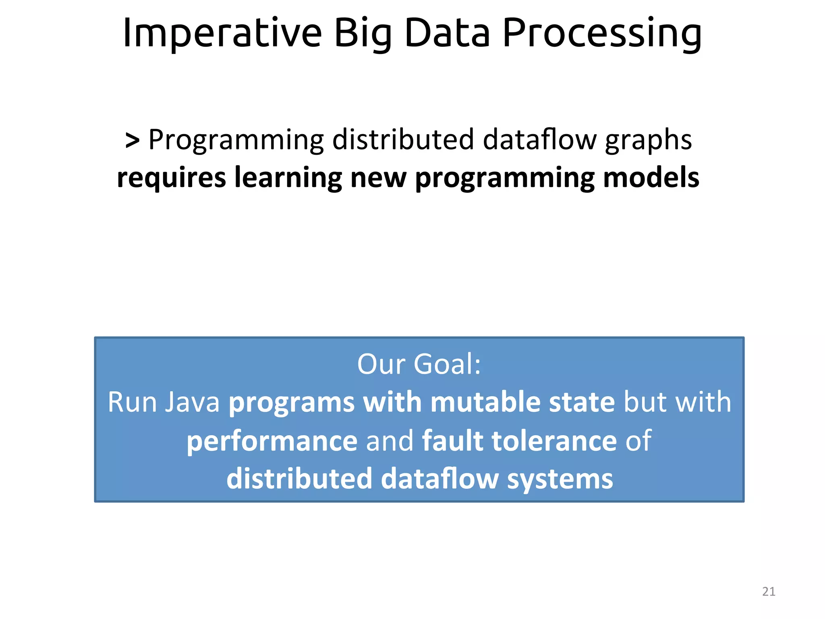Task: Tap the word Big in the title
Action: [363, 33]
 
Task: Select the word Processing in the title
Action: [602, 33]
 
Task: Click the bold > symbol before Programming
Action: [133, 140]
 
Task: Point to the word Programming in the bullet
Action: [236, 140]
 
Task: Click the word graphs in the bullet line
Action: [648, 140]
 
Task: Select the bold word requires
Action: [171, 178]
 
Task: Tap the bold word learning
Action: [288, 178]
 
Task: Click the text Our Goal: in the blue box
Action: [419, 364]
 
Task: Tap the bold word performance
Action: [272, 440]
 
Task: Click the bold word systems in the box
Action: [560, 479]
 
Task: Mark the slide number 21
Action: [769, 592]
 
